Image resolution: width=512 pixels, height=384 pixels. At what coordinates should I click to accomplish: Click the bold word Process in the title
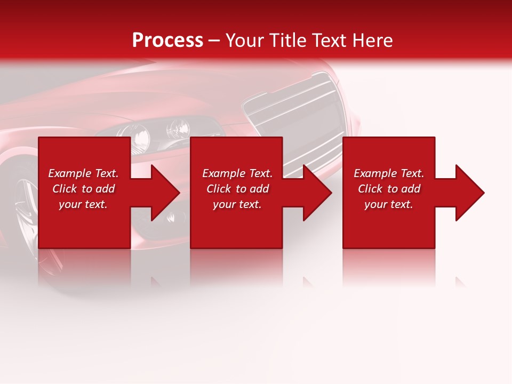167,41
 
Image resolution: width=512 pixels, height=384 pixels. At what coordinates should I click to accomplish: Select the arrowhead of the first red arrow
165,193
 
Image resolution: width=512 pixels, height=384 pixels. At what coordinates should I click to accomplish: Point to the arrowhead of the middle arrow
317,193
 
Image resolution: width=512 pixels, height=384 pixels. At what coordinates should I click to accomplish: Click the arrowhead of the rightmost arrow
469,193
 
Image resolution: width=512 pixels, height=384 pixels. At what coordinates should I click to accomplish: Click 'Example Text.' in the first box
83,173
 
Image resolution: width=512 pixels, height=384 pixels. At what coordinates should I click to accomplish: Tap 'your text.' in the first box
83,204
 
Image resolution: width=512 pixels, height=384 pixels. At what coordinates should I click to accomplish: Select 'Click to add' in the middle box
237,189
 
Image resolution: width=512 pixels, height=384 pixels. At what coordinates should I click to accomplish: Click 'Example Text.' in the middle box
237,173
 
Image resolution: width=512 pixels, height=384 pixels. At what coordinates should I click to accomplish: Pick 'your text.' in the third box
389,204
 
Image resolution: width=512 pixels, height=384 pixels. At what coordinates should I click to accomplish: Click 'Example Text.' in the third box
389,173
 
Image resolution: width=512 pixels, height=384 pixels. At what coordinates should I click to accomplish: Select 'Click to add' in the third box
389,189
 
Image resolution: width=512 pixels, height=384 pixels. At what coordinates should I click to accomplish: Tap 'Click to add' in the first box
83,189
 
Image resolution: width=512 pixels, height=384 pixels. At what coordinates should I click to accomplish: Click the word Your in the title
245,41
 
